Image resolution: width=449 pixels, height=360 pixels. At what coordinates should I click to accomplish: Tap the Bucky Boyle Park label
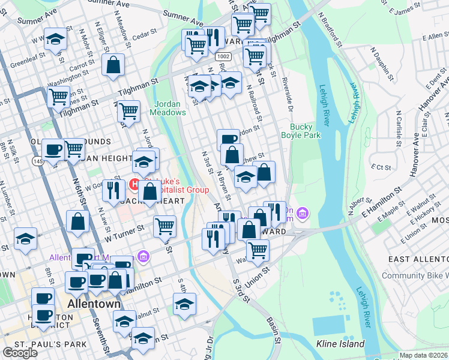306,131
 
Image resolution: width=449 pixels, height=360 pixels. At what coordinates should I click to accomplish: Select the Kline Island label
340,344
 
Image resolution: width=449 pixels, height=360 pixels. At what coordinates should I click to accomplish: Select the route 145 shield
37,161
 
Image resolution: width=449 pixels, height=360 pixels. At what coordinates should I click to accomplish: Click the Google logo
20,352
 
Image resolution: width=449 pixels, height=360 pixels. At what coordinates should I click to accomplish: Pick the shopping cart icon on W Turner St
164,226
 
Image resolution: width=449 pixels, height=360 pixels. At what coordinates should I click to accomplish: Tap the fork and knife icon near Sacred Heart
112,190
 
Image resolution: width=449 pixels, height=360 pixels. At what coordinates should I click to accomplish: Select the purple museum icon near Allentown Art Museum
143,257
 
